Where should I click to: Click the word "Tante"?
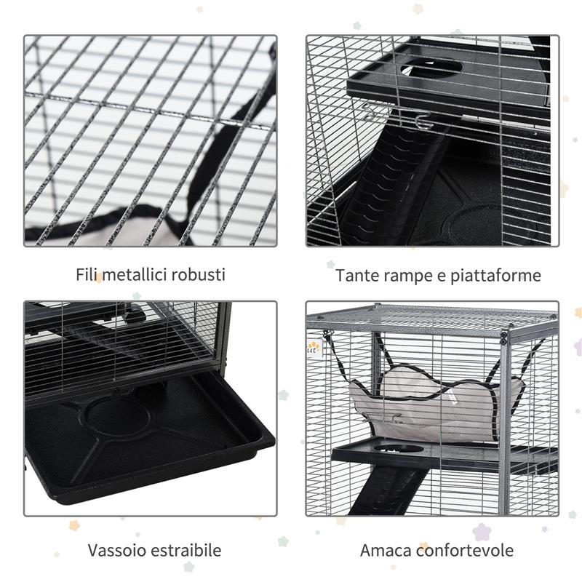(x=356, y=276)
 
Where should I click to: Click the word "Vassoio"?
(x=116, y=550)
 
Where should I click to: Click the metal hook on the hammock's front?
(x=397, y=418)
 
